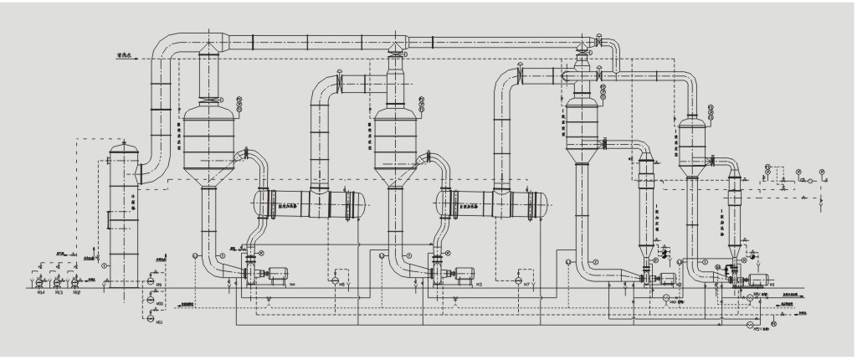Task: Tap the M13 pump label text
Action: [59, 293]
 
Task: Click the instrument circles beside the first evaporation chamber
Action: [239, 104]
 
